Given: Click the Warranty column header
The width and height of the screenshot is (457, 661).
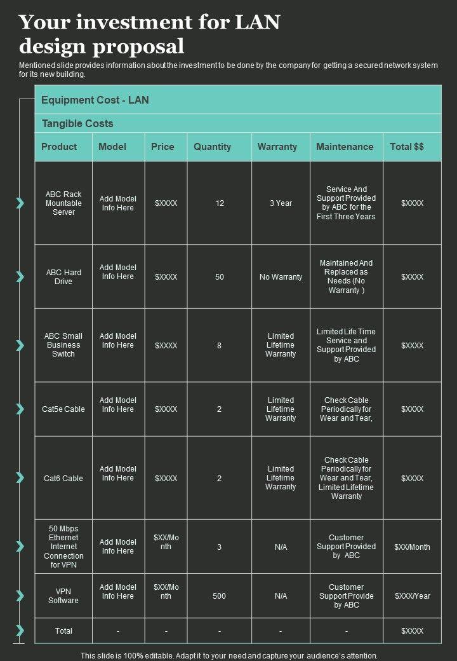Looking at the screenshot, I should [277, 147].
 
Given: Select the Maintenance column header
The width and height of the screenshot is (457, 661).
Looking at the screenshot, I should [345, 147].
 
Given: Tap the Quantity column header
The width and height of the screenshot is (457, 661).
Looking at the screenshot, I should [212, 147].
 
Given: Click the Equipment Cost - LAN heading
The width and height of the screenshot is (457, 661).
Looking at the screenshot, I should [95, 100].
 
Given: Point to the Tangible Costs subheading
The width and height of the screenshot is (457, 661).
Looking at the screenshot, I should [77, 123].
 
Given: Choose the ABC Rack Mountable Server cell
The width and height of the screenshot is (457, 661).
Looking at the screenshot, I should [63, 203].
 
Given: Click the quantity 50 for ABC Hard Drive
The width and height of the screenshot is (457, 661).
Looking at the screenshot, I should [220, 277].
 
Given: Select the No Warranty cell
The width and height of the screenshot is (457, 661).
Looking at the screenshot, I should [281, 277].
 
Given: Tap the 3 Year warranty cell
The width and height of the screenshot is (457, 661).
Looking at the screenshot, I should [281, 203].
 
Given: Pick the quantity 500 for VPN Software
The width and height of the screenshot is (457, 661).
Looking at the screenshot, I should [219, 596].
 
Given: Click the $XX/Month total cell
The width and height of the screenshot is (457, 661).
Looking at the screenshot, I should [412, 547].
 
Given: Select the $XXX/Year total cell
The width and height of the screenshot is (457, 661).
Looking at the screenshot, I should [412, 596].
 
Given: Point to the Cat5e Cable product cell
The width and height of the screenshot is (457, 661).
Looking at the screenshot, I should [63, 409].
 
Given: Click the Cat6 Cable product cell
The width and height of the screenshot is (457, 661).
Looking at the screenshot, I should [63, 478].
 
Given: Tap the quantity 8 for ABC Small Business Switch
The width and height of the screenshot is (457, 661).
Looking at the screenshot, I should [219, 346].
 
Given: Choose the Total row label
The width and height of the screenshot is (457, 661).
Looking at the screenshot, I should [63, 631].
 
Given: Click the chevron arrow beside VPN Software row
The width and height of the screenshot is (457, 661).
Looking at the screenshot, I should [20, 596].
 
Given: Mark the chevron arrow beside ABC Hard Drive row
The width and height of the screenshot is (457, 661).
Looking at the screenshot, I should [20, 277].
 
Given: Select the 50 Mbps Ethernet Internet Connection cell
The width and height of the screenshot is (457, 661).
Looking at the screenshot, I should [63, 547].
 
